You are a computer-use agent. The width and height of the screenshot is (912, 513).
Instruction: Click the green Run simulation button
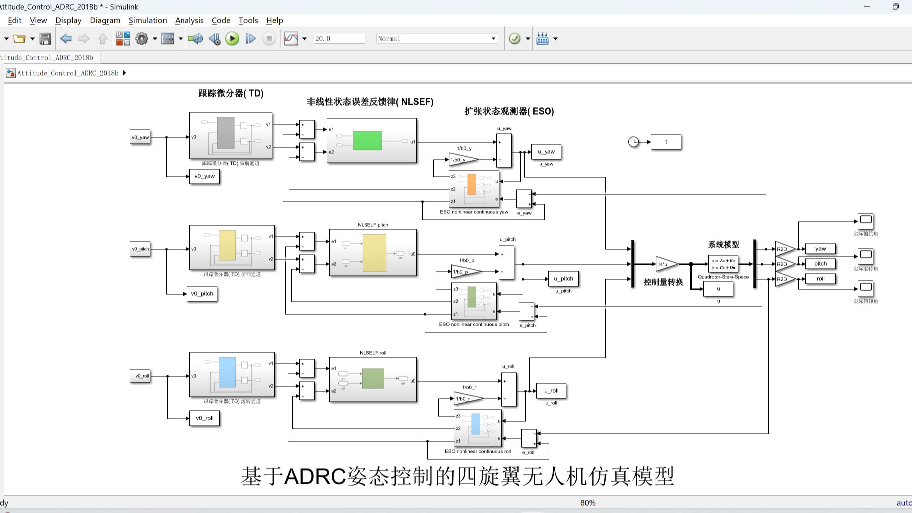[232, 39]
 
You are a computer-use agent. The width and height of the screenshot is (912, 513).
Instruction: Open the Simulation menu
[148, 20]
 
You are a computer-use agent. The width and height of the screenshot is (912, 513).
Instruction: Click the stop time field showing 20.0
[339, 39]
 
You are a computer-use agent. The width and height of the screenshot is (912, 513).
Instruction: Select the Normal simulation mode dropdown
[437, 39]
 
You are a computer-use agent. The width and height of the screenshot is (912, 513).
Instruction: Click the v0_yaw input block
[140, 137]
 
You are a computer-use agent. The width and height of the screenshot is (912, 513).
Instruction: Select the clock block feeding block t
[633, 142]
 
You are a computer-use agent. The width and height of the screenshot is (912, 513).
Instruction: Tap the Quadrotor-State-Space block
[723, 264]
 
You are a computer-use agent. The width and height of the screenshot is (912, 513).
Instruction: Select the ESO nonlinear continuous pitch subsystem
[474, 301]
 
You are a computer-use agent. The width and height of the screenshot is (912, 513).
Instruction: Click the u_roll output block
[551, 391]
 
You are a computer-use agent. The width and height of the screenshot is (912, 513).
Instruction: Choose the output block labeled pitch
[820, 264]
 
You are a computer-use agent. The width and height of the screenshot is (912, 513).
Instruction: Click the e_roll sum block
[529, 438]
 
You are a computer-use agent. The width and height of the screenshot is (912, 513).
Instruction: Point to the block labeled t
[666, 142]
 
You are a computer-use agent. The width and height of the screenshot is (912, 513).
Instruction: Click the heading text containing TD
[231, 93]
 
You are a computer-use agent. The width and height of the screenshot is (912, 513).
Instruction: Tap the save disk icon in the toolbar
[45, 39]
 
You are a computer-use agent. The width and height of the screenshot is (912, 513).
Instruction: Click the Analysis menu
[189, 20]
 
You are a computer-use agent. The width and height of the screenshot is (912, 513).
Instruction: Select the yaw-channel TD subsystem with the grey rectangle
[231, 135]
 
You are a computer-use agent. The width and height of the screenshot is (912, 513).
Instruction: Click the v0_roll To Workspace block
[204, 418]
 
